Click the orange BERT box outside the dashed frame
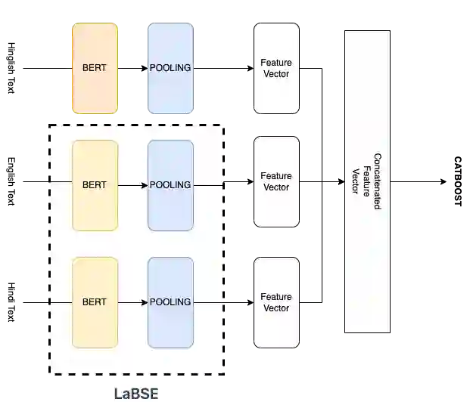click(x=95, y=68)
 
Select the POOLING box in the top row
click(x=170, y=68)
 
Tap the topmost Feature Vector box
click(x=275, y=68)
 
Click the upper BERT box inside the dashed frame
click(x=95, y=185)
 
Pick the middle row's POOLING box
click(x=170, y=185)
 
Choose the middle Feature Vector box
click(x=275, y=181)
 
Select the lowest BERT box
click(x=95, y=302)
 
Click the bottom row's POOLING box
click(x=170, y=302)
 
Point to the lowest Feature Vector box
click(x=275, y=302)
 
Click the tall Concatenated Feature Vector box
click(x=368, y=181)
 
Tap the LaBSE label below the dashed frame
click(x=137, y=394)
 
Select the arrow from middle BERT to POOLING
click(x=132, y=185)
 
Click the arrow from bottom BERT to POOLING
click(x=132, y=302)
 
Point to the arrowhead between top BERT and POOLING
click(x=145, y=68)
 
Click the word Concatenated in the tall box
click(x=377, y=181)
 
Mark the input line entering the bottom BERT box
click(x=61, y=302)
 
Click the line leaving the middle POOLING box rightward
click(x=208, y=184)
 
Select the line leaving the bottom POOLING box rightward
click(x=208, y=302)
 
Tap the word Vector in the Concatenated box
click(x=354, y=181)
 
